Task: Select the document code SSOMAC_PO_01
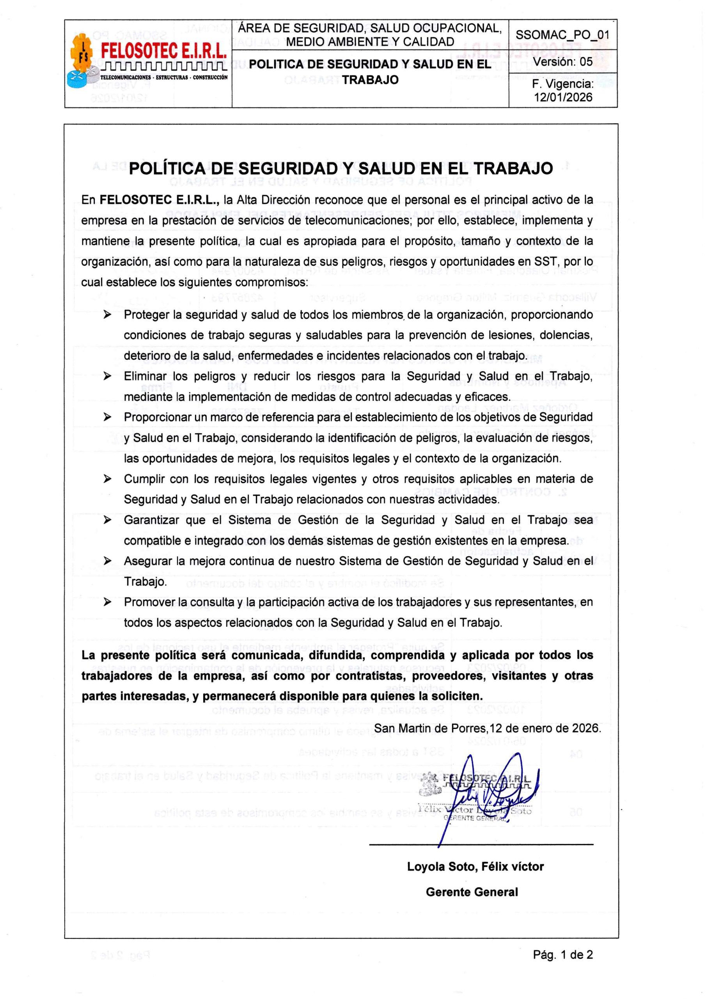coord(562,35)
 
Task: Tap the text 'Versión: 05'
coord(563,62)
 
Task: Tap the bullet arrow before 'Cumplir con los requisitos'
coord(107,479)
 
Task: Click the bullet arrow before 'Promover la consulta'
coord(107,602)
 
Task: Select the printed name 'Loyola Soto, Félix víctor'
coord(475,867)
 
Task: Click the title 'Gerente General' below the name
coord(472,892)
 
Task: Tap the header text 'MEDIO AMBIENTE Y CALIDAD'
coord(370,42)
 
